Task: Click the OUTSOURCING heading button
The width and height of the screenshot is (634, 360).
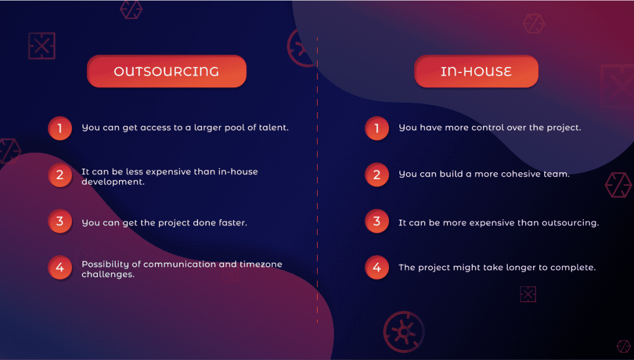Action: [167, 71]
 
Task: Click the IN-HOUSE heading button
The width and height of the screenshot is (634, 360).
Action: [476, 71]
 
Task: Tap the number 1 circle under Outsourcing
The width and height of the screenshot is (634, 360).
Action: [60, 128]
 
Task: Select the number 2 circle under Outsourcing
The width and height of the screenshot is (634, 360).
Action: [60, 175]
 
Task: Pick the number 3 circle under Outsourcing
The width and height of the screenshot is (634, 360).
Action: [60, 221]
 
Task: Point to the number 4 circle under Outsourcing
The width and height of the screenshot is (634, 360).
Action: [60, 268]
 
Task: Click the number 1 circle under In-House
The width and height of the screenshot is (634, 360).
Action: [377, 128]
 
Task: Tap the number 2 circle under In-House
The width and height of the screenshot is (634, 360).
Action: [377, 175]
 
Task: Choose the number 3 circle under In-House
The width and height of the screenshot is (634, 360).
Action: [377, 221]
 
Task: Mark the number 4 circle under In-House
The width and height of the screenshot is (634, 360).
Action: [377, 268]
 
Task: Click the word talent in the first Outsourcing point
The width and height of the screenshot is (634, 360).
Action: [273, 128]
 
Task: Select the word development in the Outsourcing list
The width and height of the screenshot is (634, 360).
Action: [113, 182]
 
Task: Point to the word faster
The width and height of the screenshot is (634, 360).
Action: [233, 222]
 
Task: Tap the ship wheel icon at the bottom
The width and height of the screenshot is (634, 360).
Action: [404, 332]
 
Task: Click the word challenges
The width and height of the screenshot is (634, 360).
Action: [108, 274]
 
